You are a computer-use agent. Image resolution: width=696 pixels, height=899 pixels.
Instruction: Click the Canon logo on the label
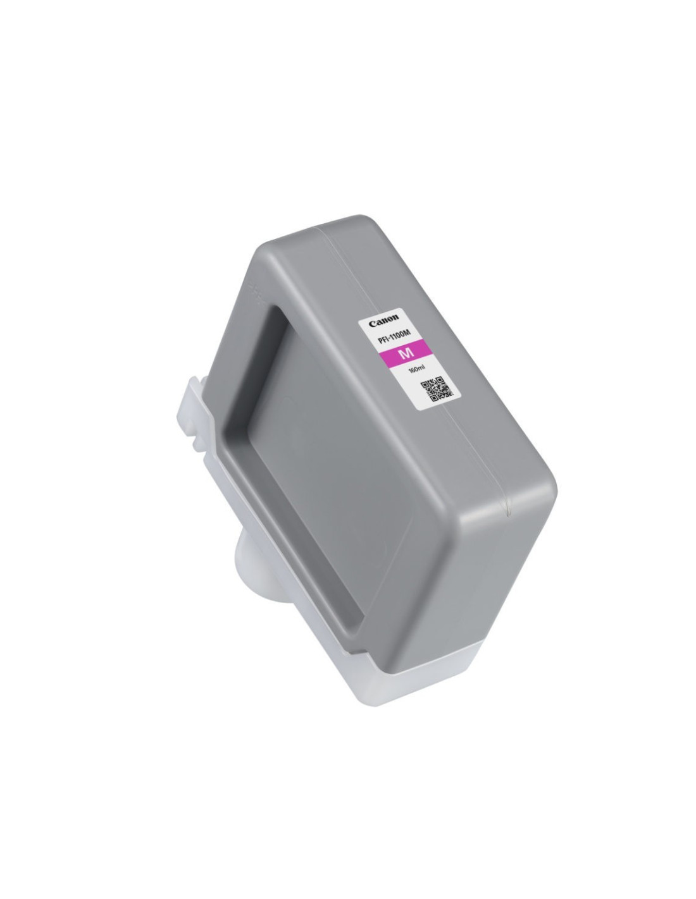[x=384, y=321]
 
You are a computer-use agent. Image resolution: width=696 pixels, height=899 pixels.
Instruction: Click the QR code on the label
[x=433, y=388]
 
